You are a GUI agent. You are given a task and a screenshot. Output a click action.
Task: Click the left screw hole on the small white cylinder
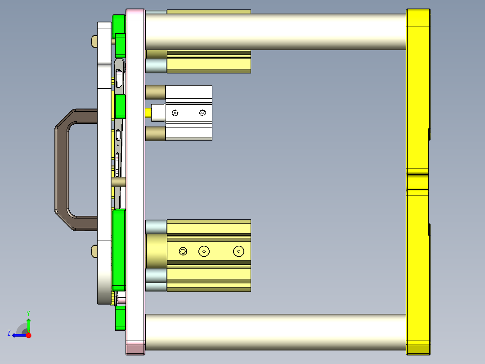(x=175, y=113)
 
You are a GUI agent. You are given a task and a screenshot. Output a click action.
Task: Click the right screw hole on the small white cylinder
(x=202, y=113)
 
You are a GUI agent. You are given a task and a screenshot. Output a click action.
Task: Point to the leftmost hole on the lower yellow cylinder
(x=183, y=251)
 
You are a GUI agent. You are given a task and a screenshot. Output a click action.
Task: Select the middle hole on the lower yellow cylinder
(x=204, y=251)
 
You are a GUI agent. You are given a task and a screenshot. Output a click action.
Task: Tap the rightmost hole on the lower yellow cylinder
(x=238, y=251)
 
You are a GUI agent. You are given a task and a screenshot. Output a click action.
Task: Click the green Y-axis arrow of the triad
(x=28, y=323)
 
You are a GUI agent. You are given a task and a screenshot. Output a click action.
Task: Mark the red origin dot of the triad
(x=28, y=335)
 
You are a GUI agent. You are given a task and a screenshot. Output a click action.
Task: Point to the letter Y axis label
(x=28, y=313)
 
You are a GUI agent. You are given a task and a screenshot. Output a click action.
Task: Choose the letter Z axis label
(x=9, y=333)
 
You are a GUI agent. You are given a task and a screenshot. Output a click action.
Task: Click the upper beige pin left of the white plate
(x=94, y=41)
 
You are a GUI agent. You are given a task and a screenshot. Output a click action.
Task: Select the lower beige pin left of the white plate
(x=94, y=251)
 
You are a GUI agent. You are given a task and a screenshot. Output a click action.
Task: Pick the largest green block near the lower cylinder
(x=119, y=250)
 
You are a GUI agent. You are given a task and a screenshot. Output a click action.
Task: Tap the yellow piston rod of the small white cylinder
(x=148, y=113)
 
